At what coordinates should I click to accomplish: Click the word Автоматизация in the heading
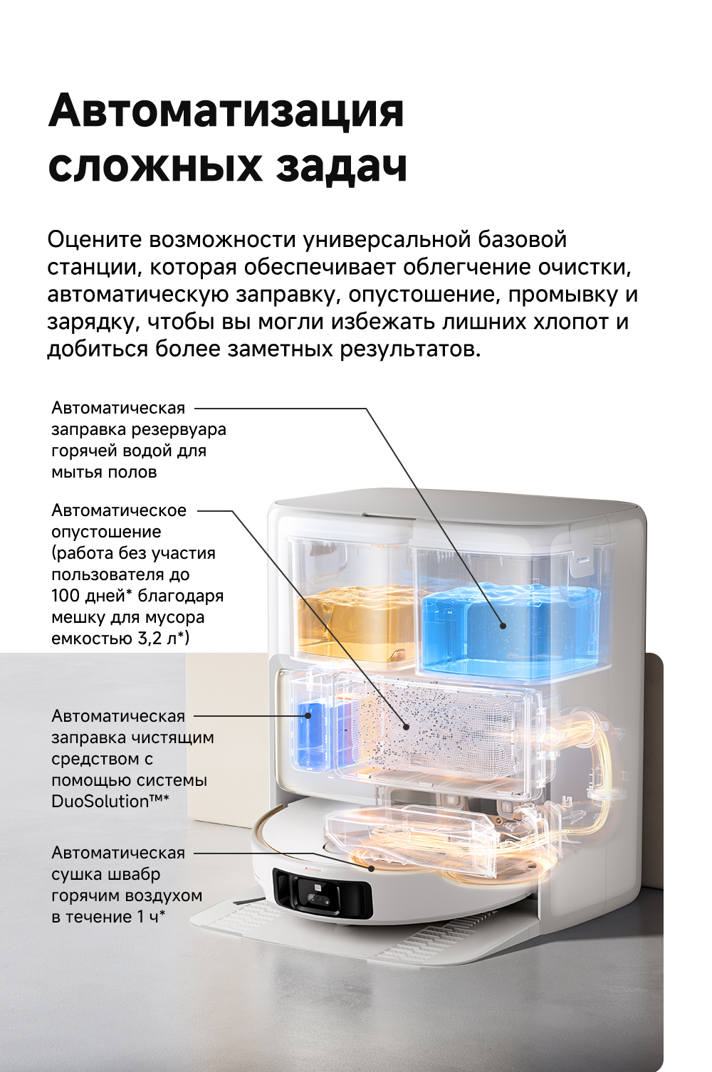pos(226,110)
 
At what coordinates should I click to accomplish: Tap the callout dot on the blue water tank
pos(503,626)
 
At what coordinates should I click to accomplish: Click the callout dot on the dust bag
pos(406,740)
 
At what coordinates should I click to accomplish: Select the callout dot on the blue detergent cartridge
pos(308,716)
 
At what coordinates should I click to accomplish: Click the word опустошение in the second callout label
pos(106,532)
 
